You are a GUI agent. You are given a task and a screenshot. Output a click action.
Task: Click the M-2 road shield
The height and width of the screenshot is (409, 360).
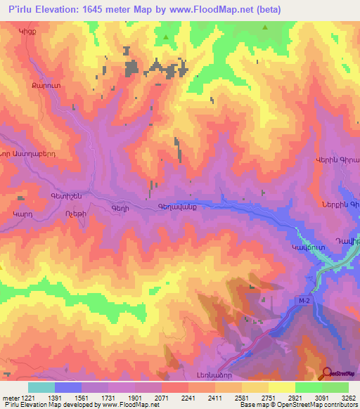(x=304, y=301)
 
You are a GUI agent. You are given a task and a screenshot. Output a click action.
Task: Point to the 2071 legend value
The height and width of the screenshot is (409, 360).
(x=162, y=398)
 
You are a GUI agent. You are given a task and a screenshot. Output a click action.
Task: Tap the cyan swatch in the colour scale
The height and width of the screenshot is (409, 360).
(x=41, y=387)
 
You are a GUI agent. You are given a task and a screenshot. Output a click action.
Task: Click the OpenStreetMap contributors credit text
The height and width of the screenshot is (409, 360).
(x=319, y=405)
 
